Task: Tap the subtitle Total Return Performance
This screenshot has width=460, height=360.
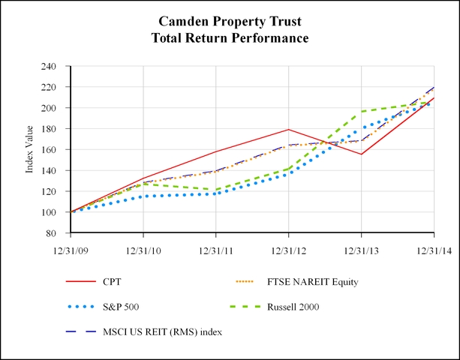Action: pos(230,37)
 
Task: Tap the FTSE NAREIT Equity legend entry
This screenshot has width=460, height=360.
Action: pos(318,282)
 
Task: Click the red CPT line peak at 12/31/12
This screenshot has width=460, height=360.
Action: pos(289,130)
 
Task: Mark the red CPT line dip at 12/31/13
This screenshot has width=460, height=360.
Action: pos(362,154)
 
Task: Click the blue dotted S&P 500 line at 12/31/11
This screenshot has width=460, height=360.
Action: pos(216,193)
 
